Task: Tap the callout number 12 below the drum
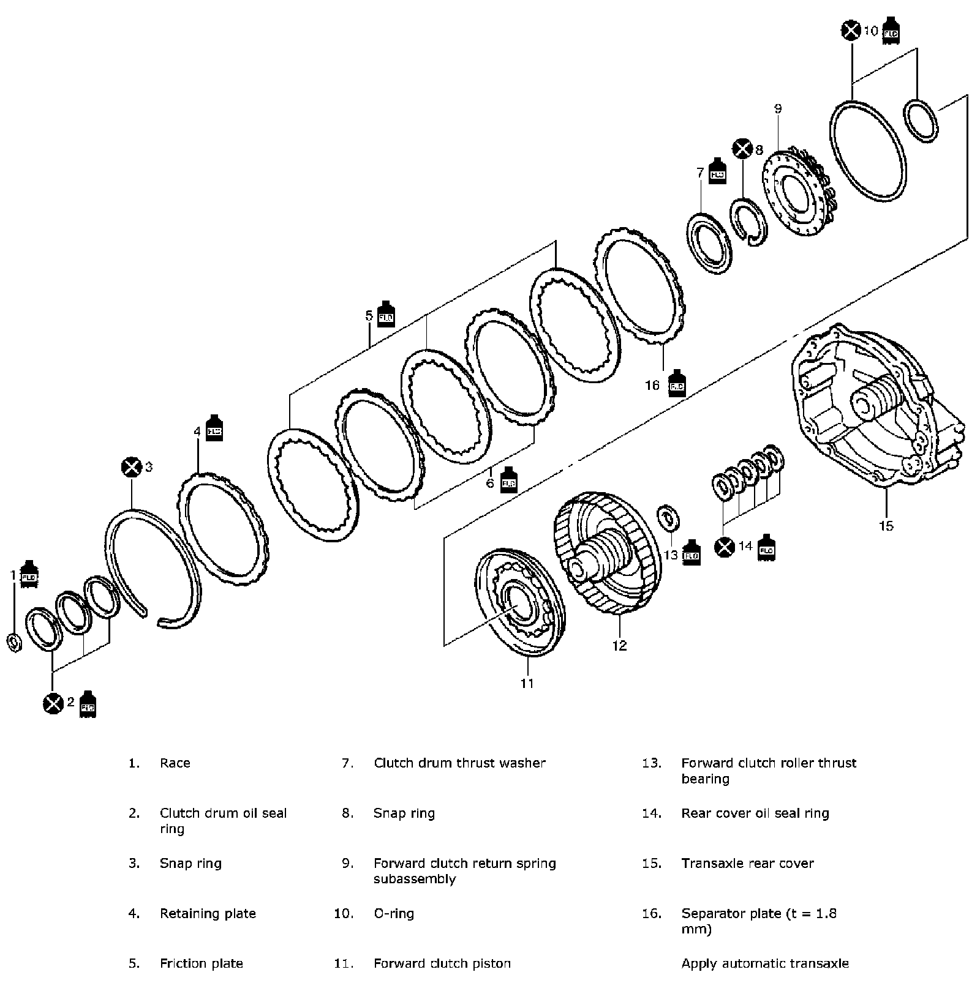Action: (x=619, y=645)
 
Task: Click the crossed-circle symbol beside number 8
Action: (x=742, y=149)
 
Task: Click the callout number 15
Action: (x=886, y=525)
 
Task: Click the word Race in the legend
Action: (x=175, y=763)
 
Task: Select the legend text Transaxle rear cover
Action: (x=747, y=864)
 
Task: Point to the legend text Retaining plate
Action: (x=208, y=914)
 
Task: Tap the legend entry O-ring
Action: (x=394, y=914)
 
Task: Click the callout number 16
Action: (x=652, y=385)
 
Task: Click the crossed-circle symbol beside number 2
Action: (x=53, y=703)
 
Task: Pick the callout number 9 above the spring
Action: (x=778, y=109)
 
